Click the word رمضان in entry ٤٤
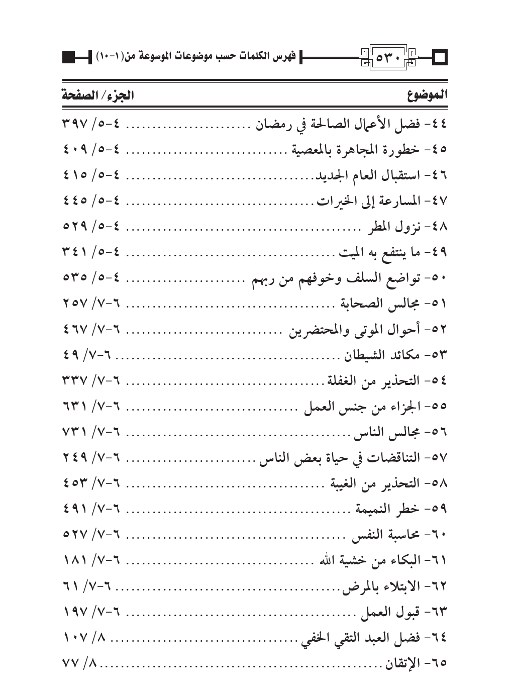[x=272, y=124]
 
